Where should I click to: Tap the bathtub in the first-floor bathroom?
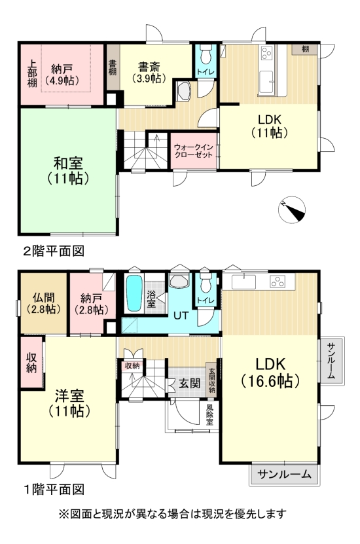tap(134, 294)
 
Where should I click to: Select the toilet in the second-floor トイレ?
tap(206, 53)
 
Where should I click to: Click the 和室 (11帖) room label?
tap(67, 170)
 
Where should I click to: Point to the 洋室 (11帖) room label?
tap(68, 403)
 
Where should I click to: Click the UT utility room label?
tap(181, 316)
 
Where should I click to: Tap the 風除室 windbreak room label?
tap(209, 414)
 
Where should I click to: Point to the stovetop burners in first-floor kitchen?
tap(278, 282)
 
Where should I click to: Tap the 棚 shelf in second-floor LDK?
tap(305, 49)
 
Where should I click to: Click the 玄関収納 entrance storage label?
tap(211, 380)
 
